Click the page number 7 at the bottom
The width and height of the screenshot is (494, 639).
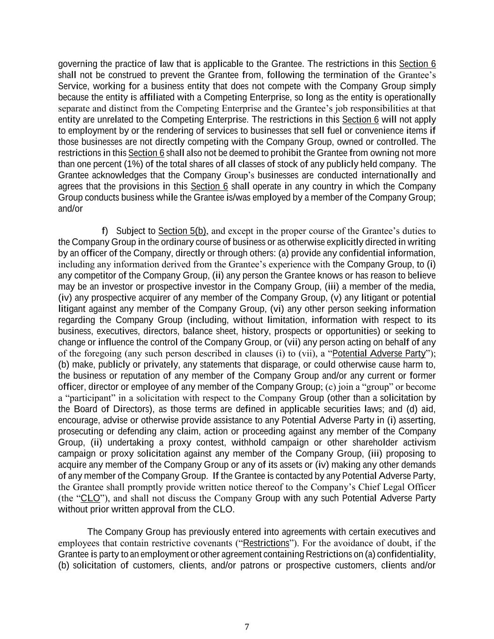[x=247, y=627]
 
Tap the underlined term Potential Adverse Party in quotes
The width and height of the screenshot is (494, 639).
[x=379, y=353]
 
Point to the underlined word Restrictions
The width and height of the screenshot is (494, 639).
[x=266, y=543]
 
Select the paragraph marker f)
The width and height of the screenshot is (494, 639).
[x=105, y=231]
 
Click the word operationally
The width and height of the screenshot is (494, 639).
[x=411, y=97]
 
